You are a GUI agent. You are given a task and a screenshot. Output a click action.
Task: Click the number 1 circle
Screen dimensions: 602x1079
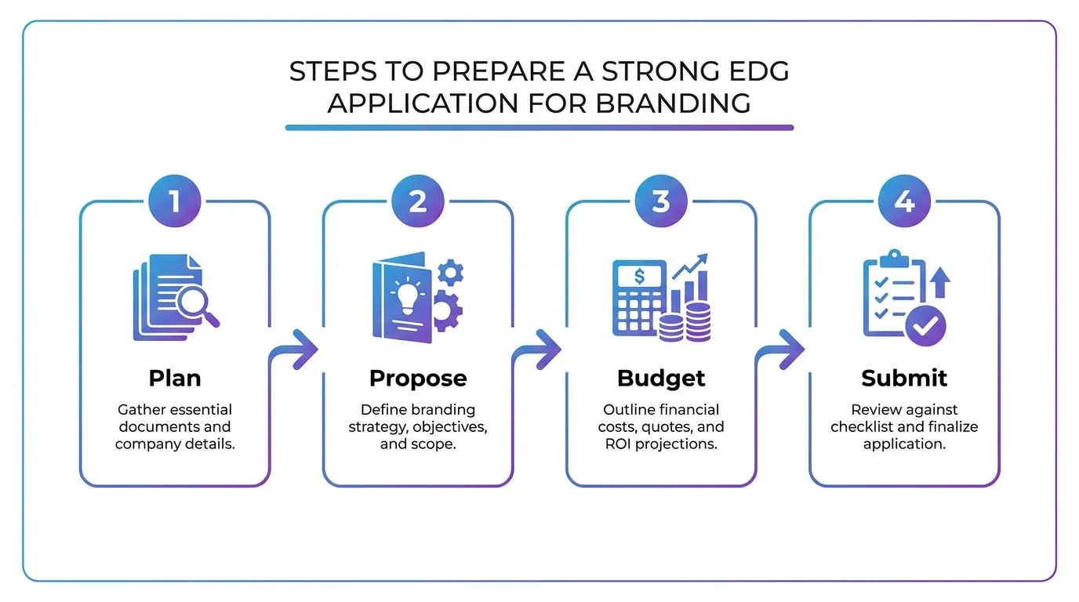tap(175, 201)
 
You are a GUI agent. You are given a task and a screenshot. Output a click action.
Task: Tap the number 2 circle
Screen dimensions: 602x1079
tap(418, 201)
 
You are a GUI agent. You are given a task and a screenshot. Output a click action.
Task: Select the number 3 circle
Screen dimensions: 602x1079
tap(661, 201)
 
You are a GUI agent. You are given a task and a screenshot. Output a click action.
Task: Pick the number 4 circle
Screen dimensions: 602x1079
tap(904, 201)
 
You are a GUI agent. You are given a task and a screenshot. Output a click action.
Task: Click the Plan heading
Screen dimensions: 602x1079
tap(175, 378)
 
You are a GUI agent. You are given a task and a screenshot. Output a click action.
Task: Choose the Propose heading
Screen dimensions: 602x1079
tap(418, 378)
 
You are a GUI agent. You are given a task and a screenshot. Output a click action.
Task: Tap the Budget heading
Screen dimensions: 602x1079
tap(661, 378)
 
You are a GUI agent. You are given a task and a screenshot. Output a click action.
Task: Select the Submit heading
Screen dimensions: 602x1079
tap(904, 378)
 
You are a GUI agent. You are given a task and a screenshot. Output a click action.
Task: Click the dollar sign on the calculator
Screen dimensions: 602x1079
tap(640, 276)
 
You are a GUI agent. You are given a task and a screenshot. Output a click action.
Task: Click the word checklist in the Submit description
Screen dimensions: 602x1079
tap(867, 427)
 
